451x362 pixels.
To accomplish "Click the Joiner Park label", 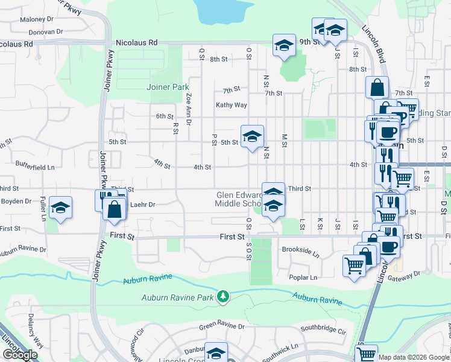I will pos(168,87).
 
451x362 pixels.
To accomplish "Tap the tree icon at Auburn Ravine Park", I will pos(224,296).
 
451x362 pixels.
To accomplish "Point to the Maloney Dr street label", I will pos(37,19).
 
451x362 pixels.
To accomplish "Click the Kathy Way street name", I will pos(232,105).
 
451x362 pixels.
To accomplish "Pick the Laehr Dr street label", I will pos(143,205).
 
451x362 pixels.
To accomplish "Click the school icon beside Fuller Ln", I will pos(60,208).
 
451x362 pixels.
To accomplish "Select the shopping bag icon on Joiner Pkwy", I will pos(114,210).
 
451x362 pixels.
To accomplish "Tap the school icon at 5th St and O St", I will pos(252,136).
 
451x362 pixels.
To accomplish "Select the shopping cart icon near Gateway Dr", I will pos(354,265).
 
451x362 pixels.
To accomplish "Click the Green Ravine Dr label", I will pos(222,326).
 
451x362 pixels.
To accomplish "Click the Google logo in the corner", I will pos(20,355).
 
